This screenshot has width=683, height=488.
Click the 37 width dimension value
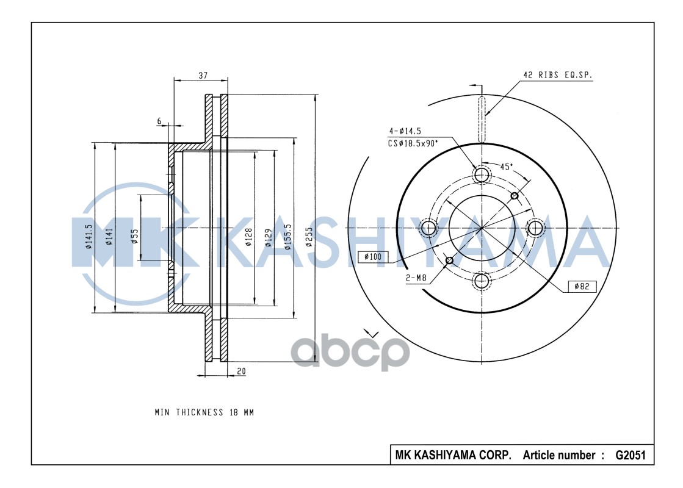coord(203,76)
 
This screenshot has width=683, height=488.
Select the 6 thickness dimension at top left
coord(159,121)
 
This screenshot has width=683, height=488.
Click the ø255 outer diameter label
coord(309,235)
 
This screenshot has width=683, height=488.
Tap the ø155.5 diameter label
coord(287,237)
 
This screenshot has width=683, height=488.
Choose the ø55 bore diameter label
coord(134,235)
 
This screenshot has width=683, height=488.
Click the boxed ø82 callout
coord(582,286)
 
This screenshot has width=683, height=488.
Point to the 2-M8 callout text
coord(416,278)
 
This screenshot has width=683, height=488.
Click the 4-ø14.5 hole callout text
coord(405,131)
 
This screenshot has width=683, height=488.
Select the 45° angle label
coord(506,167)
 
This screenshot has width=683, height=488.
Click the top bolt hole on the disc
coord(482,175)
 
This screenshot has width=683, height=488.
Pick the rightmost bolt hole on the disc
coord(535,228)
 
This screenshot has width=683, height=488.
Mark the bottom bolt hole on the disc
coord(482,281)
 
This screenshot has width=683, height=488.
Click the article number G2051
coord(629,455)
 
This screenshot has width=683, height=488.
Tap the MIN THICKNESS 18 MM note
coord(204,412)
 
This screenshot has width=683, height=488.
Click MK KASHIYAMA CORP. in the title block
coord(454,455)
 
